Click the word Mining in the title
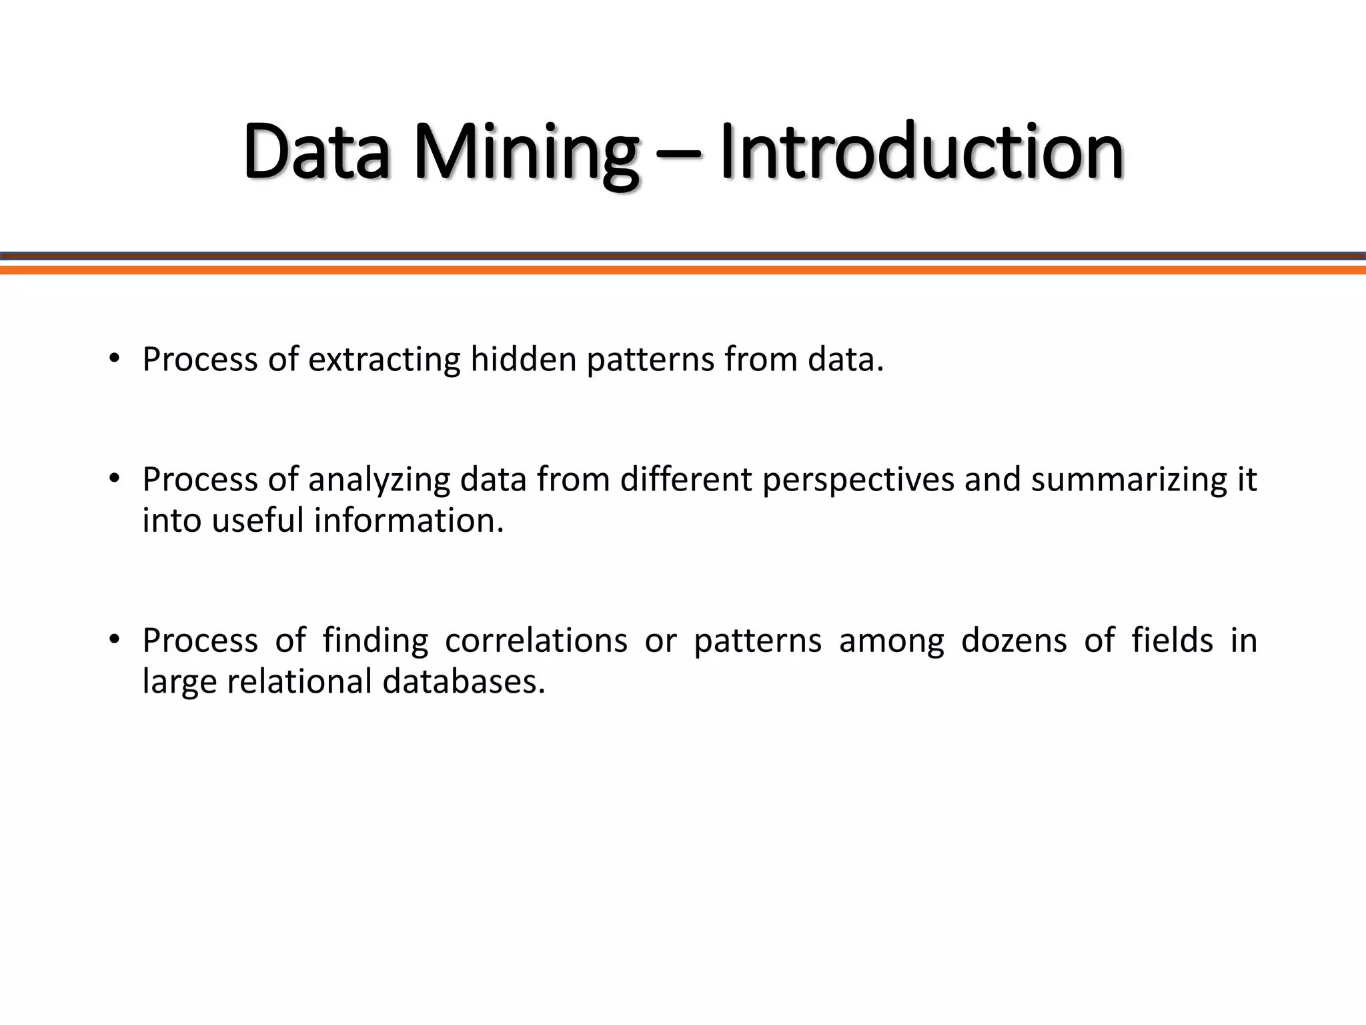coord(526,153)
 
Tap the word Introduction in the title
coord(922,153)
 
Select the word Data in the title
coord(316,153)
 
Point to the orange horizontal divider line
coord(683,270)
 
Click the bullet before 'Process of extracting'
coord(115,358)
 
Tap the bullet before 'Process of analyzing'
coord(115,478)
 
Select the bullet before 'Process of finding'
coord(115,639)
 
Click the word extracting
coord(384,360)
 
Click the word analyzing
coord(379,480)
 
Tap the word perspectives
coord(858,480)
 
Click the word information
coord(409,521)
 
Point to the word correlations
coord(536,641)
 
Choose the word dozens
coord(1014,641)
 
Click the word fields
coord(1172,641)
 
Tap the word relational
coord(299,681)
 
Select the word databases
coord(464,681)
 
